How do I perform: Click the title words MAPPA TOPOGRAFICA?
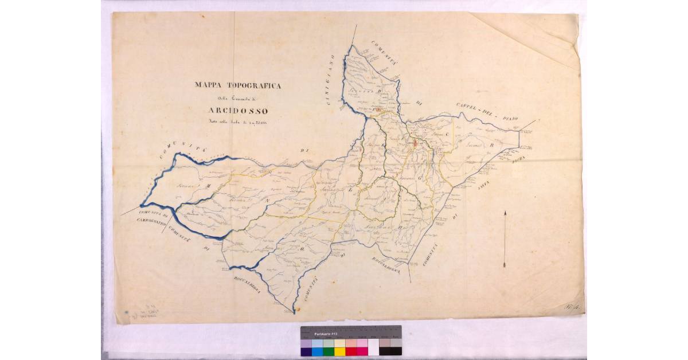click(237, 85)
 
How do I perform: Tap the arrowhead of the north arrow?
click(505, 214)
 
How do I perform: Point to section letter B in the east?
click(491, 146)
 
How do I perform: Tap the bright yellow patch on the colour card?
click(340, 351)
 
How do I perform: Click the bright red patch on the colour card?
click(351, 351)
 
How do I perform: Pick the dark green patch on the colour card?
click(329, 351)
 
